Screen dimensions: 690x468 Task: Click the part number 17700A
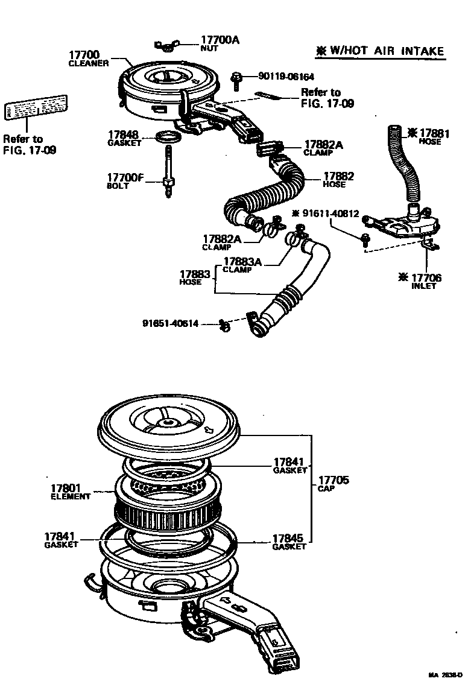tap(220, 40)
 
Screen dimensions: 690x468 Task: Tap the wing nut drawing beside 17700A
tap(168, 45)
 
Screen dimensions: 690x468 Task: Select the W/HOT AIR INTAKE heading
tap(381, 51)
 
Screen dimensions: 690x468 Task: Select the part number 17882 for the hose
tap(338, 177)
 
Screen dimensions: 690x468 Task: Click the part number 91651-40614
tap(171, 323)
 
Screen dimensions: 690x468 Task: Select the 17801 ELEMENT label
tap(70, 492)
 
